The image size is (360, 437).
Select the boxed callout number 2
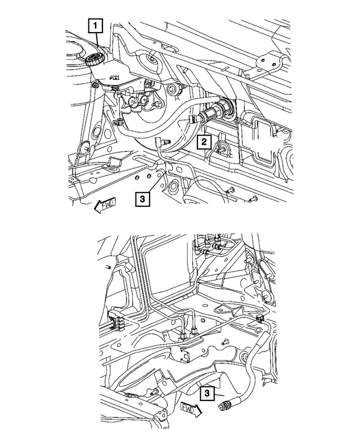[x=202, y=142]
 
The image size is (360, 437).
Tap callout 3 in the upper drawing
[x=142, y=199]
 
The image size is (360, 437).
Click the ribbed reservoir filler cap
[x=93, y=58]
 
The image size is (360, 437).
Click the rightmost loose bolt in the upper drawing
[x=252, y=198]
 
